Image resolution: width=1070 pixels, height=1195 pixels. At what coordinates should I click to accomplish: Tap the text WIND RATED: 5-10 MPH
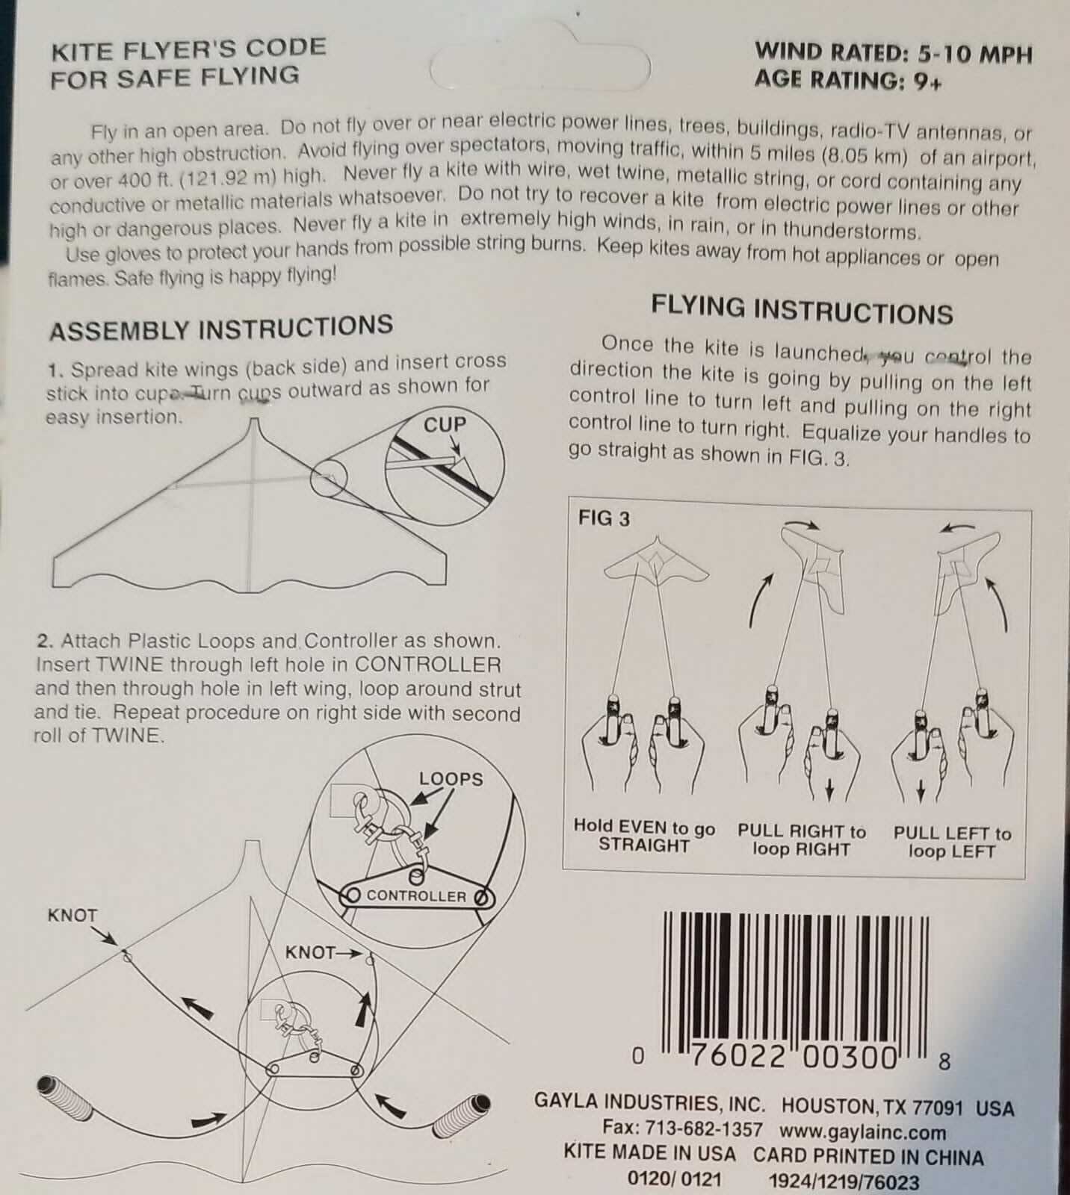pos(894,52)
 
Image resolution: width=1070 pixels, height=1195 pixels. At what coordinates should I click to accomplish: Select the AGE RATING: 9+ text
pos(848,80)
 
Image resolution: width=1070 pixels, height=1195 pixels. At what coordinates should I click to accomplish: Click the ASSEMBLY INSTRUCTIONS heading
pos(221,328)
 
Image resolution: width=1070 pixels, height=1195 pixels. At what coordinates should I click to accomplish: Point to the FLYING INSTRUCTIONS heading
pos(802,310)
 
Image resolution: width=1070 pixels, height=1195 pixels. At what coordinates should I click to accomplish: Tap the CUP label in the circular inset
pos(445,424)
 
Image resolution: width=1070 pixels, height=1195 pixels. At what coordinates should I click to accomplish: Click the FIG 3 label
pos(604,518)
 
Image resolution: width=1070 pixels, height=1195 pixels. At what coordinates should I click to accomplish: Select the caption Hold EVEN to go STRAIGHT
pos(644,836)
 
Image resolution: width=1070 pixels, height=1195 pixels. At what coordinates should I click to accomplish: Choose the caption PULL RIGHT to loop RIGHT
pos(802,839)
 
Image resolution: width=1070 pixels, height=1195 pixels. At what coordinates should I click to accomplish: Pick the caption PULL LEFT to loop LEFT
pos(952,842)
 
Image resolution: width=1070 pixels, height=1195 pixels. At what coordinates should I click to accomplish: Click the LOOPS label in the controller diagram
pos(451,779)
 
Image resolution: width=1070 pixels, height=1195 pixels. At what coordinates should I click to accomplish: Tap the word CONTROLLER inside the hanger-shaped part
pos(416,896)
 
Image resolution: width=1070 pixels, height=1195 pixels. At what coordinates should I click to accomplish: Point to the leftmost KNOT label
pos(72,915)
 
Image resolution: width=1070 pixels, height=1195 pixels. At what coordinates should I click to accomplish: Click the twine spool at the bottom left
pos(65,1102)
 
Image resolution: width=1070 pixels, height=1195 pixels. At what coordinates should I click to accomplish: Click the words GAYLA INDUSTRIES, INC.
pos(649,1102)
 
